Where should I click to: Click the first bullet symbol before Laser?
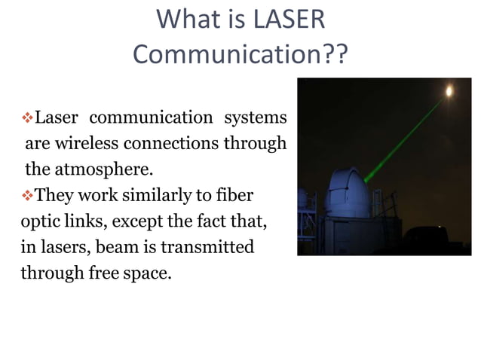(x=29, y=118)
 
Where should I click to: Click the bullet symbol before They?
(x=29, y=197)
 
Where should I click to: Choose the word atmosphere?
(x=103, y=168)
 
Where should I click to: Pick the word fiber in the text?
(x=233, y=196)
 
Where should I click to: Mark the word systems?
(x=256, y=118)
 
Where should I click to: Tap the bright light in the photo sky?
(x=450, y=92)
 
